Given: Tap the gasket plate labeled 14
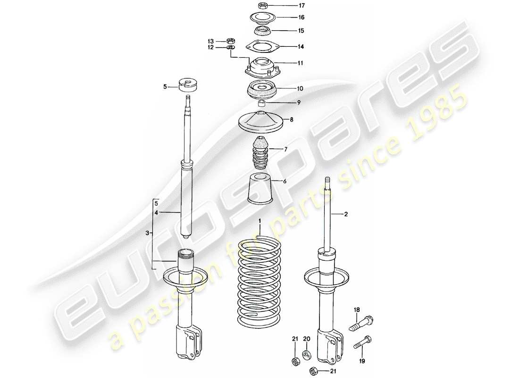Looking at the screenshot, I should [262, 46].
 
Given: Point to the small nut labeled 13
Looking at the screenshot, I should [231, 41].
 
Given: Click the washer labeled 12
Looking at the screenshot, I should [231, 48].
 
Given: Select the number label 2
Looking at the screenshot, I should [345, 215].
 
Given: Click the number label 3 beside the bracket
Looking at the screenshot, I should [147, 233].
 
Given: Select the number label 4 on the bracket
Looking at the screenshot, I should [156, 213].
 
